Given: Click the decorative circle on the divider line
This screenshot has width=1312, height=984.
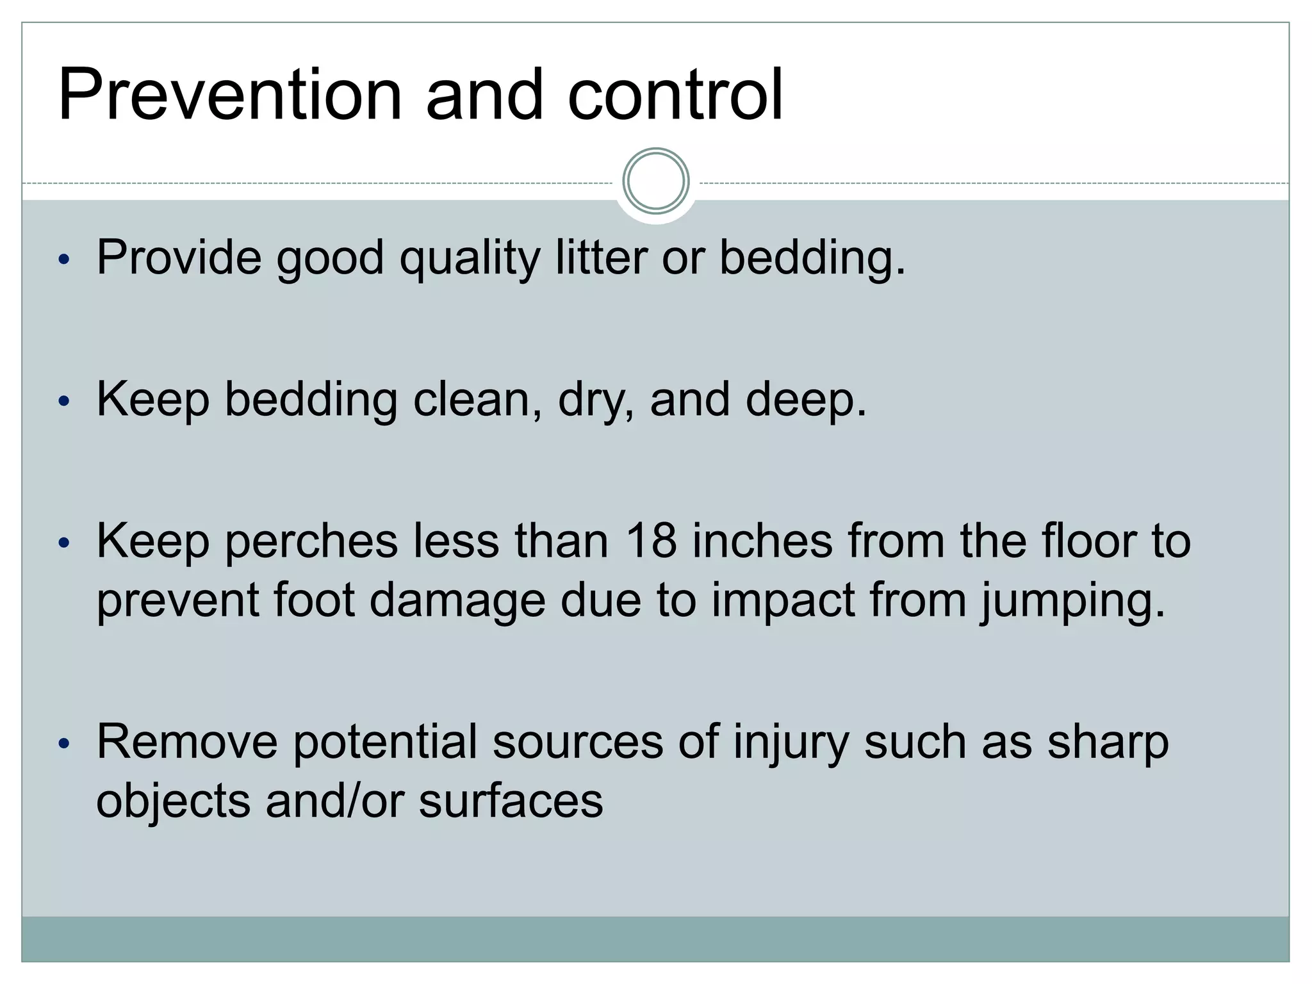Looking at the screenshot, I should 655,181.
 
